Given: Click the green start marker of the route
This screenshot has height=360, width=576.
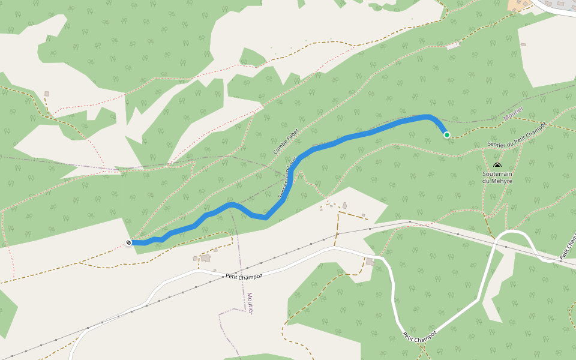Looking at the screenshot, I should tap(447, 135).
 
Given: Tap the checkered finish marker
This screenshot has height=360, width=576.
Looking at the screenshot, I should tap(129, 242).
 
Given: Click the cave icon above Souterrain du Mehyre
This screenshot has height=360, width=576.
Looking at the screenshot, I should tap(497, 165).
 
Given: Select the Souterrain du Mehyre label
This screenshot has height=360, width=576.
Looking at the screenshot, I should tap(497, 177).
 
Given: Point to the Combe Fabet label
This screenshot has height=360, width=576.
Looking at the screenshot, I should tap(286, 142).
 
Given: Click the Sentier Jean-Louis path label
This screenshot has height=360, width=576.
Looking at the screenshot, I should tap(289, 178).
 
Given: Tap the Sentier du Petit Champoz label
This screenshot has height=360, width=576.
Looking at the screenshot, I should tap(517, 136).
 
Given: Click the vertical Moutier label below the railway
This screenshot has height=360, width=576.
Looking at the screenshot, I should tap(250, 304).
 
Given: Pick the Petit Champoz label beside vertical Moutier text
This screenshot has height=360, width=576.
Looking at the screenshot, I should tap(244, 276).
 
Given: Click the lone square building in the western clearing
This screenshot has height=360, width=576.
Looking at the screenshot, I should tap(47, 94).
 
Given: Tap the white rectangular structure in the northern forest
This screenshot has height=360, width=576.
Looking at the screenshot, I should tap(453, 46).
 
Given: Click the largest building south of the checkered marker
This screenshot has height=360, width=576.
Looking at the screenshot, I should tap(206, 258).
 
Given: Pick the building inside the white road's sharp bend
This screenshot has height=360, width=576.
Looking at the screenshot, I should tap(370, 262).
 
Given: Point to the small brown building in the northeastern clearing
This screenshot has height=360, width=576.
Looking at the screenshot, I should tap(523, 44).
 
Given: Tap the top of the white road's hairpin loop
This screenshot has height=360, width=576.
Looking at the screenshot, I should tap(513, 232).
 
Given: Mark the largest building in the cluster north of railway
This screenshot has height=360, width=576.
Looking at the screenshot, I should tap(344, 206).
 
